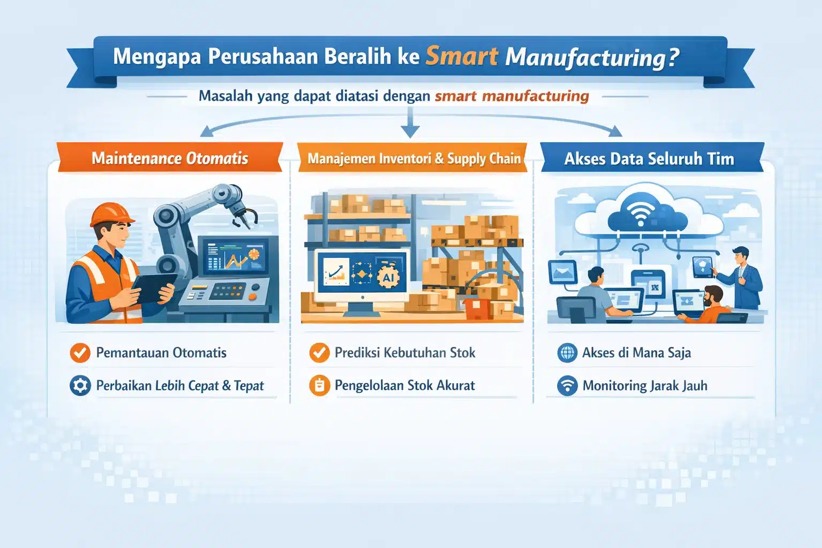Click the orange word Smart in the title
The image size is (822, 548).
coord(462,56)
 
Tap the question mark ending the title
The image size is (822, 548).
coord(673,57)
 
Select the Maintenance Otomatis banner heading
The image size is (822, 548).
coord(170,158)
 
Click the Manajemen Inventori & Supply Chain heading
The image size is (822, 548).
coord(414,158)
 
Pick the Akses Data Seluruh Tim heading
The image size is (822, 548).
coord(649,158)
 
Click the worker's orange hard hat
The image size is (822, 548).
coord(111,215)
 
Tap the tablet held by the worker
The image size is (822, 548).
coord(154,287)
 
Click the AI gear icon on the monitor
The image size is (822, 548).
coord(388,277)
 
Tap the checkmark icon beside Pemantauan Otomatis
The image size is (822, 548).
coord(80,353)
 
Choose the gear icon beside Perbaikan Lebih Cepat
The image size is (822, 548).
coord(80,385)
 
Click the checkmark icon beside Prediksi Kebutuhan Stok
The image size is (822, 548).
coord(319,353)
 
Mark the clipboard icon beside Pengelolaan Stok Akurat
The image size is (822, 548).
coord(319,385)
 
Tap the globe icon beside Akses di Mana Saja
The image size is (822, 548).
coord(567,353)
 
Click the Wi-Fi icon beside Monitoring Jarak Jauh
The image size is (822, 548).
coord(567,385)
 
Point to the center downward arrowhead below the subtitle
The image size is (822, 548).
coord(410,131)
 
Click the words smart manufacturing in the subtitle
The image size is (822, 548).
coord(512,96)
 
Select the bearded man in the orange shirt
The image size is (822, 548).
coord(706,305)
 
